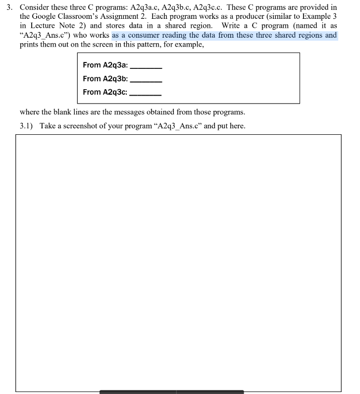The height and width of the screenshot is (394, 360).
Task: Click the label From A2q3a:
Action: pyautogui.click(x=105, y=65)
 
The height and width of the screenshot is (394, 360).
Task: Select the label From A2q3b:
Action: pyautogui.click(x=105, y=78)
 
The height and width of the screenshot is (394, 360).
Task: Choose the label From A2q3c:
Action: pyautogui.click(x=104, y=92)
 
